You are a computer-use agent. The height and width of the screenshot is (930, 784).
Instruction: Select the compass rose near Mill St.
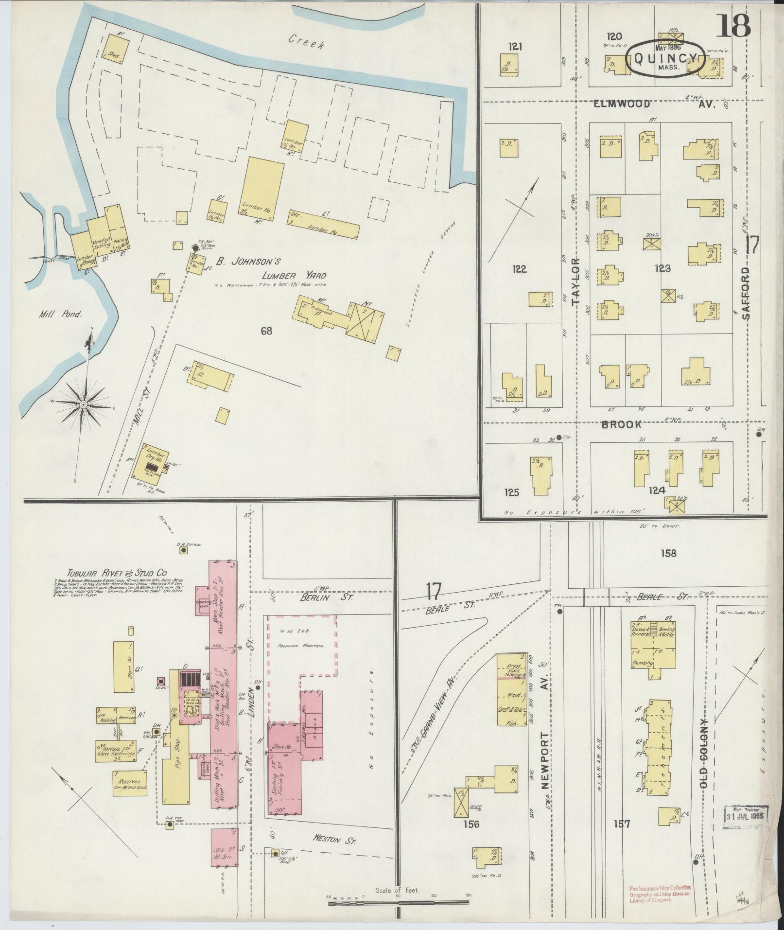[84, 404]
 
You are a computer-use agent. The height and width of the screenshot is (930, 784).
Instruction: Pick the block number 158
[668, 553]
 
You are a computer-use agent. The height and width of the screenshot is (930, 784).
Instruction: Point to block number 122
[519, 269]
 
